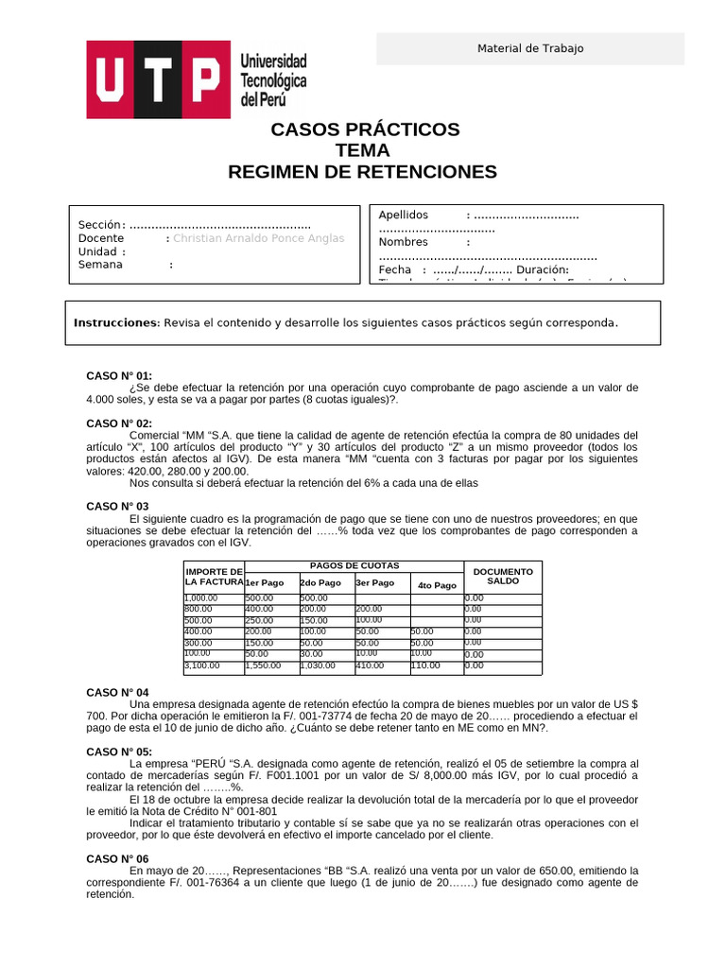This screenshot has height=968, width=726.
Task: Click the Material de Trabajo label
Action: [529, 48]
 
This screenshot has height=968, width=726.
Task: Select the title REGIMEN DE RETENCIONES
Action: [362, 171]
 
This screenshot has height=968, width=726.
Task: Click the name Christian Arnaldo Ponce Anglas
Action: [259, 238]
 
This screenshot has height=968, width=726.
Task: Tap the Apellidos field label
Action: [403, 216]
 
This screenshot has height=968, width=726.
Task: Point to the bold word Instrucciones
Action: [116, 323]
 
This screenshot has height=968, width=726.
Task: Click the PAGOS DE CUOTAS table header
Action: [354, 565]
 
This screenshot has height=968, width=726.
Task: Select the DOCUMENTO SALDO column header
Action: [503, 576]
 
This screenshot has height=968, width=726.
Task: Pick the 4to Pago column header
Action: [436, 585]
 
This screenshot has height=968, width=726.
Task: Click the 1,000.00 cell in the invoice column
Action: [201, 598]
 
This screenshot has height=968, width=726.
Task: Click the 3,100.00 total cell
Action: [202, 665]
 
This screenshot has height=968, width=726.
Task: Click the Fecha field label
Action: [395, 269]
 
